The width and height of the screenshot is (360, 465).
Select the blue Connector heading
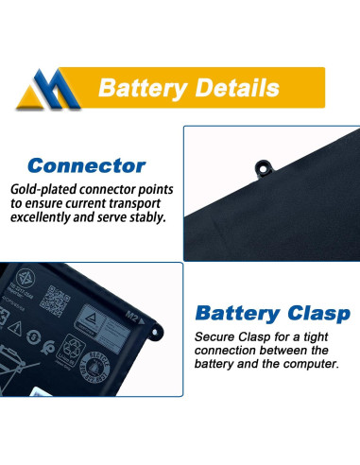(88, 166)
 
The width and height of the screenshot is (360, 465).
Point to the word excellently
(48, 217)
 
